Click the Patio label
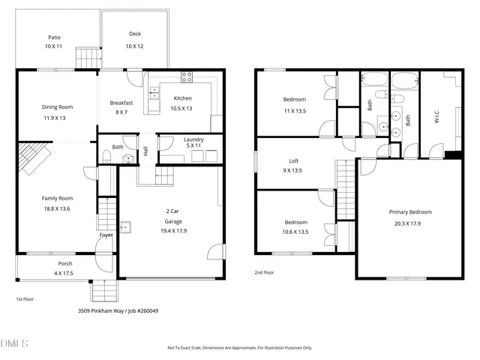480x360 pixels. pos(54,37)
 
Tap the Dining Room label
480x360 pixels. pos(57,107)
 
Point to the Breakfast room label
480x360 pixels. pos(121,103)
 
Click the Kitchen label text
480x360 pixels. pos(183,98)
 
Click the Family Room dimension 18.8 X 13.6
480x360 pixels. pos(55,208)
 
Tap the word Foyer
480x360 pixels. pos(106,235)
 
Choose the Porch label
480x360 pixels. pos(65,264)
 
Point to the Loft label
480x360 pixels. pos(294,160)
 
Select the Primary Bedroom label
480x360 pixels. pos(409,211)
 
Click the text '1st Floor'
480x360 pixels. pos(25,298)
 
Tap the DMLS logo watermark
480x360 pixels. pos(15,344)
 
